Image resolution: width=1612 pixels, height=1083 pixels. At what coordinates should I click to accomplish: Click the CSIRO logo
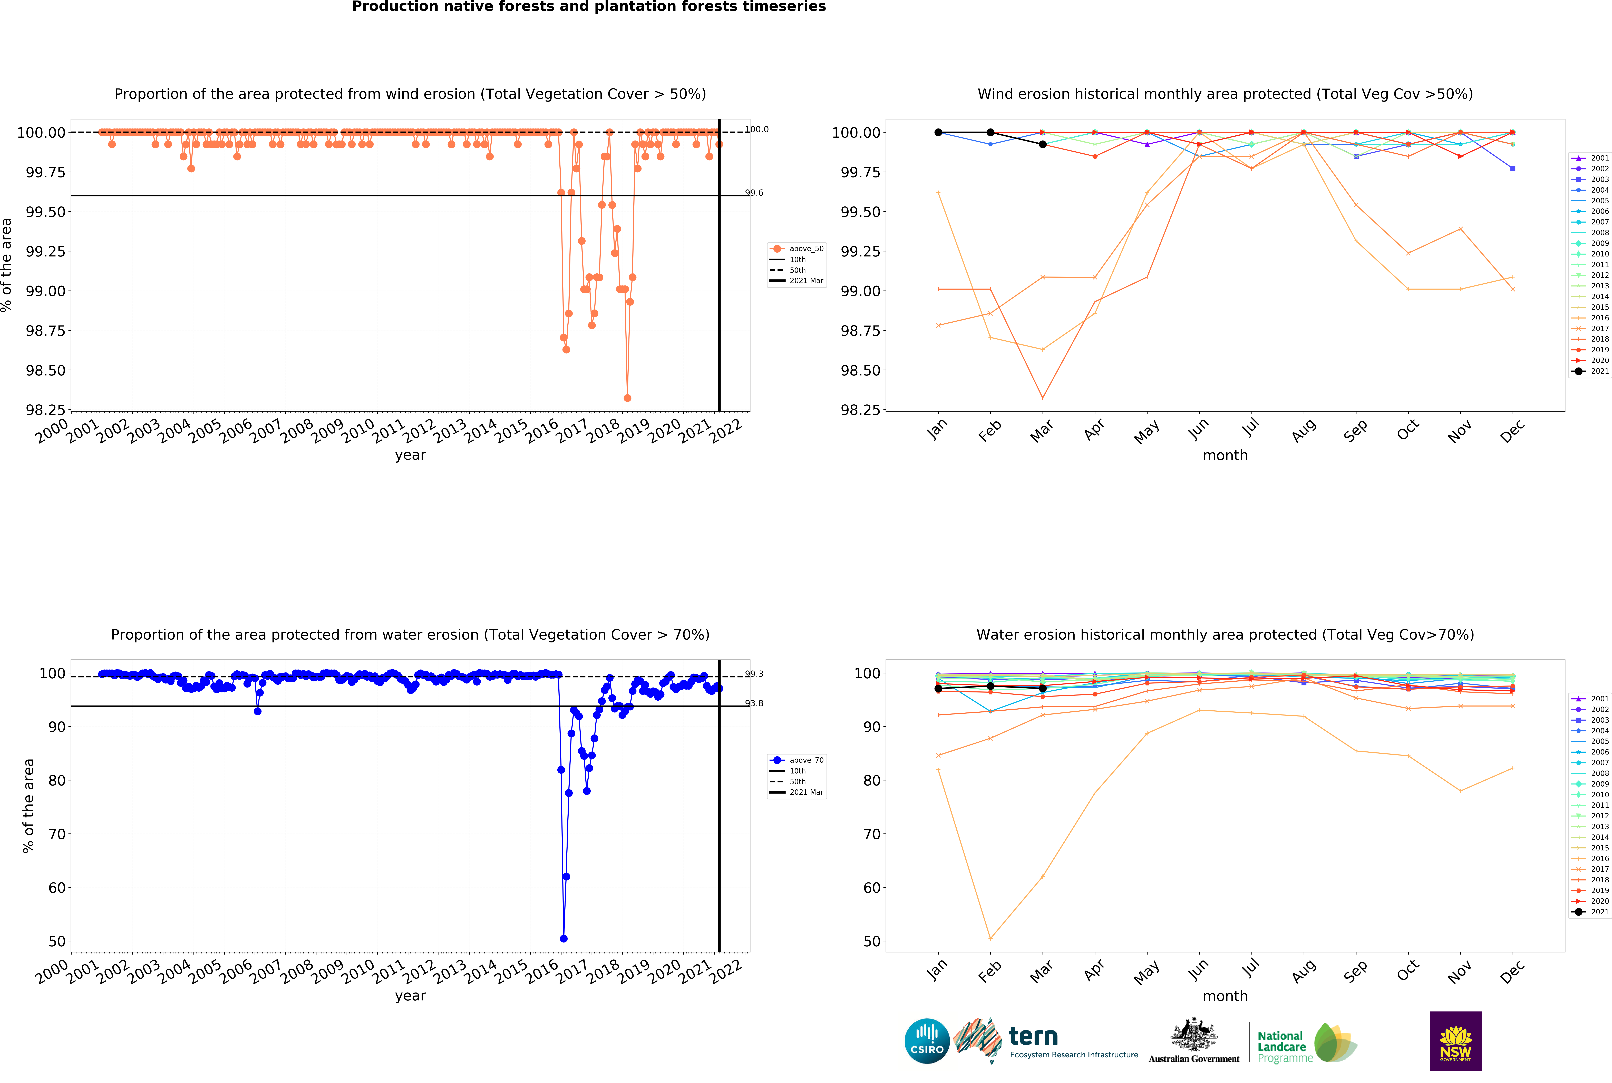(x=927, y=1041)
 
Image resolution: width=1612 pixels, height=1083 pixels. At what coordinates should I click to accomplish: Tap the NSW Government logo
(x=1455, y=1041)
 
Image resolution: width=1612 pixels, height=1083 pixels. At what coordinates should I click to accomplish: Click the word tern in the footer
(x=1033, y=1037)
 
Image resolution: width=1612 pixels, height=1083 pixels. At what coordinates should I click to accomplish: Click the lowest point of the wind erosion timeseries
(x=627, y=398)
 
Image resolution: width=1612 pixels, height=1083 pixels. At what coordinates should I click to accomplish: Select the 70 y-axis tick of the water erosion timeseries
(x=57, y=834)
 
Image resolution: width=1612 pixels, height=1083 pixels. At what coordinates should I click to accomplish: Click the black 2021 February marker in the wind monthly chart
(x=990, y=132)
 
